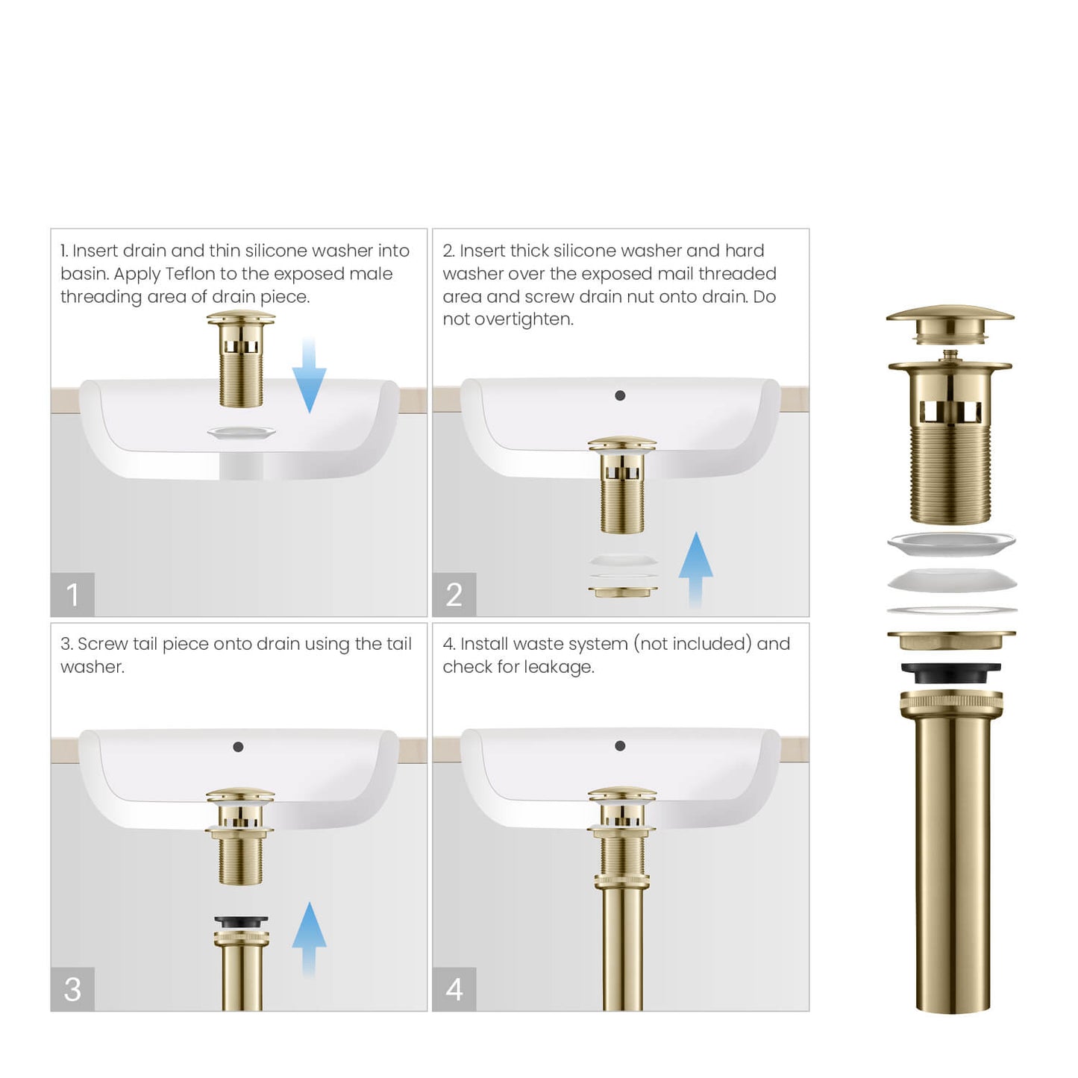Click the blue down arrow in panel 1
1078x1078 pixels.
pyautogui.click(x=309, y=377)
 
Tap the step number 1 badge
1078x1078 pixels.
pyautogui.click(x=72, y=595)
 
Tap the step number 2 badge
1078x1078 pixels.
pyautogui.click(x=454, y=595)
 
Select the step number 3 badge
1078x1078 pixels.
pyautogui.click(x=72, y=989)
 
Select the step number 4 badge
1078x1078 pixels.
pyautogui.click(x=454, y=989)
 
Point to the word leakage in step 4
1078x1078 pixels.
pyautogui.click(x=561, y=667)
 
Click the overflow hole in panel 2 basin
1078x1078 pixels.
pyautogui.click(x=620, y=395)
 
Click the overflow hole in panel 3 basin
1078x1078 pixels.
pyautogui.click(x=238, y=747)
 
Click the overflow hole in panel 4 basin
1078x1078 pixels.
pyautogui.click(x=620, y=746)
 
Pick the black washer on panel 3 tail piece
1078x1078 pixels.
pyautogui.click(x=241, y=922)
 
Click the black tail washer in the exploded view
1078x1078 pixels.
pyautogui.click(x=950, y=672)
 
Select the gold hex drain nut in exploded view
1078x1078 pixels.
pyautogui.click(x=951, y=640)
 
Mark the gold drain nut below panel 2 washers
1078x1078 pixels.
pyautogui.click(x=623, y=592)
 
